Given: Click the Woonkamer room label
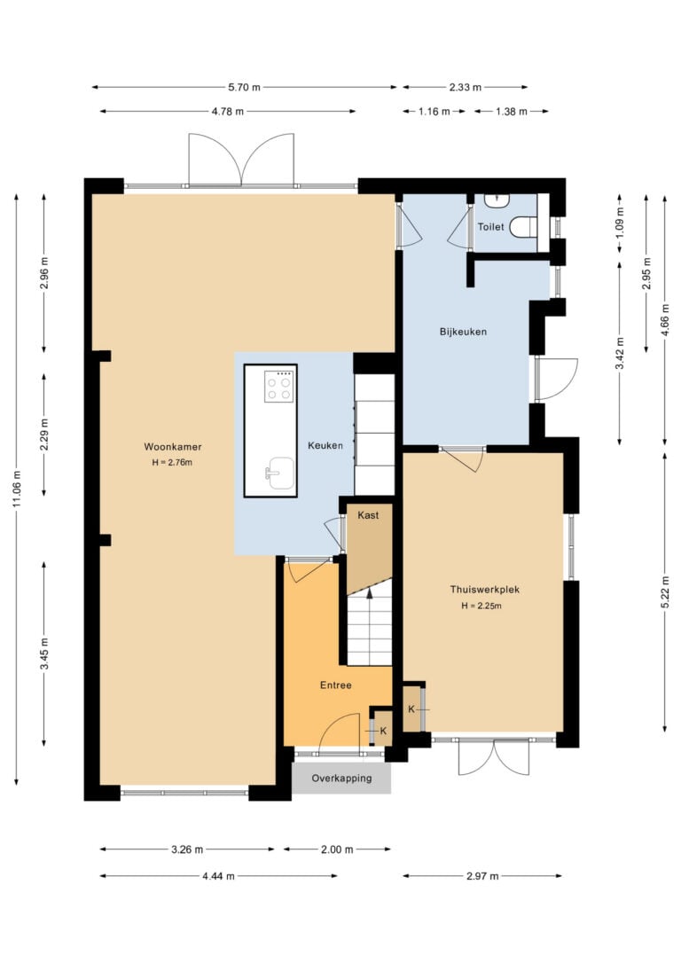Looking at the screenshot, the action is point(173,447).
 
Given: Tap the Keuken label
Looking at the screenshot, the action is point(325,445).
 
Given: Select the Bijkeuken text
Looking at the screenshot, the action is point(463,332).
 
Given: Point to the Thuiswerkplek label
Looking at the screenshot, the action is point(484,590).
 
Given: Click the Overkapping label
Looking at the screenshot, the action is point(341,779).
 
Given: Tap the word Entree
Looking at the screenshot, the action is point(336,685).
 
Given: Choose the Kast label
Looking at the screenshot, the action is point(369,515).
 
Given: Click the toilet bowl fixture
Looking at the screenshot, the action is point(523,227).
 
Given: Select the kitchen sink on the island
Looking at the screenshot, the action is point(279,473).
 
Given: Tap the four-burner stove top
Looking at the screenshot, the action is point(279,387).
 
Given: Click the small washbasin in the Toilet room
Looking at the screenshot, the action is point(497,200).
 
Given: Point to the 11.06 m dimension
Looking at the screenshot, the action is point(17,489).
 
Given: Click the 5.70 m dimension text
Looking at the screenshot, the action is point(245,87).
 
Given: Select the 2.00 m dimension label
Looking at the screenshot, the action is point(337,849).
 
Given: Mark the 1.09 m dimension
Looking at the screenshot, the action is point(619,223).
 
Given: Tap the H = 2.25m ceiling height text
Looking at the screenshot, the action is point(482,607).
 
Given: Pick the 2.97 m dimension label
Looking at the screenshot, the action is point(482,876).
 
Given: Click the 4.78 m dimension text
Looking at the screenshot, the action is point(228,111).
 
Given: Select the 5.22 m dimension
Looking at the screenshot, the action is point(665,592).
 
